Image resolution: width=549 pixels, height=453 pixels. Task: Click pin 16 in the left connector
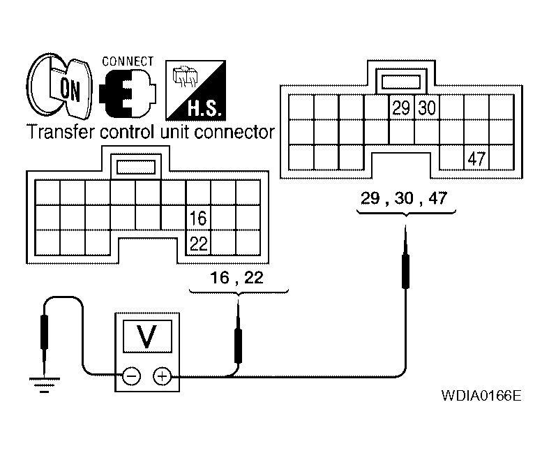(197, 218)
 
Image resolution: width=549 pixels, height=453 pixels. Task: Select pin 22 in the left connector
(197, 244)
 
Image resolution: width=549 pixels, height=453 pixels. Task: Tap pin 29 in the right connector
(401, 108)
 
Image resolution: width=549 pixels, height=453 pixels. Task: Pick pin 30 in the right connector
(426, 108)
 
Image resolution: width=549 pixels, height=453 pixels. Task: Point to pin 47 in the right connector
(476, 158)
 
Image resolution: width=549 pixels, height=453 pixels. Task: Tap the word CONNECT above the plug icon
(128, 61)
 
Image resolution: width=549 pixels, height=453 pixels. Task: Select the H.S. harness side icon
(189, 90)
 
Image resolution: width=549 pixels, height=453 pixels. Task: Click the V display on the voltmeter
(147, 337)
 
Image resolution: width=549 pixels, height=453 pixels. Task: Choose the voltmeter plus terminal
(162, 377)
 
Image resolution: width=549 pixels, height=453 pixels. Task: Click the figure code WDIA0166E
(481, 396)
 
